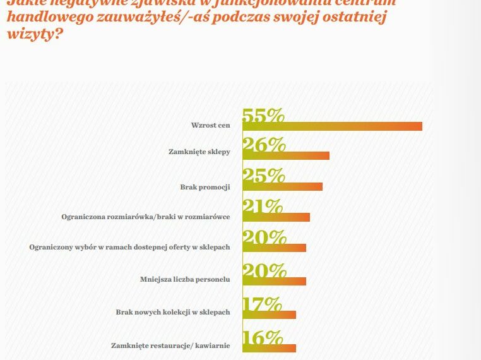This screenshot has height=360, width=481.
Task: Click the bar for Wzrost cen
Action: [x=332, y=126]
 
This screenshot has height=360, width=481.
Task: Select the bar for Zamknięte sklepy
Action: [x=285, y=155]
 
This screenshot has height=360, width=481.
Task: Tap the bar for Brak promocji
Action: [x=282, y=186]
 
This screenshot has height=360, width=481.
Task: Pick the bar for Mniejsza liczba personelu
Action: [x=274, y=281]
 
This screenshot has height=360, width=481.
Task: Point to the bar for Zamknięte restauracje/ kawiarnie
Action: [x=269, y=347]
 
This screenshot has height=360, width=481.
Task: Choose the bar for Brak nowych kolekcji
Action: [x=269, y=315]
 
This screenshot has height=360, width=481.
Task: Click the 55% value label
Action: [x=263, y=116]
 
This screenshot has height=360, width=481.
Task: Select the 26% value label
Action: [x=263, y=145]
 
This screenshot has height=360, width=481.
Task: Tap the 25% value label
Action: [x=263, y=176]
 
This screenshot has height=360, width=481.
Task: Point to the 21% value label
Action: [x=263, y=206]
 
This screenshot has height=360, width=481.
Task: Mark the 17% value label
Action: [x=262, y=304]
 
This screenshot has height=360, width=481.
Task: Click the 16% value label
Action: [x=262, y=337]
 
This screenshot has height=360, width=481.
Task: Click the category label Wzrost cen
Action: [x=210, y=125]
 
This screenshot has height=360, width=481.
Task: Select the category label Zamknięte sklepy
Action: [x=199, y=152]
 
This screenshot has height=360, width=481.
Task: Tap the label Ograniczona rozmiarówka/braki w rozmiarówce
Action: [x=145, y=217]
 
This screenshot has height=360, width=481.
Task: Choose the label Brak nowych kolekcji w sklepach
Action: [x=173, y=312]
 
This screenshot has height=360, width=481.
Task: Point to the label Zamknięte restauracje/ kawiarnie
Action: [x=170, y=345]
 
